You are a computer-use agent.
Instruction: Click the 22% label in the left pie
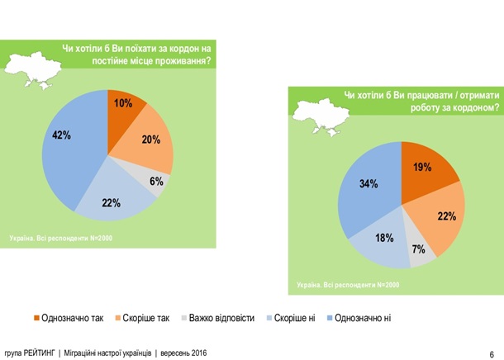click(x=112, y=203)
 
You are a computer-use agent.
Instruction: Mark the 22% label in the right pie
click(x=446, y=216)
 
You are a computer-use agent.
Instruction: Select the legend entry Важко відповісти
click(x=217, y=318)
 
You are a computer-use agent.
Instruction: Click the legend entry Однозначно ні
click(x=364, y=318)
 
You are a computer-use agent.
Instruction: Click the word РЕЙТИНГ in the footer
click(x=40, y=353)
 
